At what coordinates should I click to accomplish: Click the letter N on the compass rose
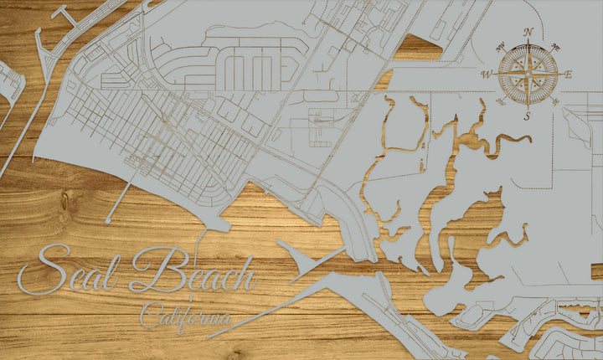(x=528, y=33)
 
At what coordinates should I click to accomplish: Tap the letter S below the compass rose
(x=528, y=116)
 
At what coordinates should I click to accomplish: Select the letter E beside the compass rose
(x=568, y=75)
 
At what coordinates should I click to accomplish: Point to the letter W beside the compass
(x=487, y=75)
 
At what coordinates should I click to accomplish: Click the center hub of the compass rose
(x=528, y=75)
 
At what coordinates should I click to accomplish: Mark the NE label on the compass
(x=555, y=47)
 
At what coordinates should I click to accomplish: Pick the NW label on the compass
(x=501, y=47)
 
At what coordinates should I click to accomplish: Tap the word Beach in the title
(x=192, y=270)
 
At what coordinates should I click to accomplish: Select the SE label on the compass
(x=555, y=102)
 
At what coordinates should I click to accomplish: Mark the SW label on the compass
(x=501, y=102)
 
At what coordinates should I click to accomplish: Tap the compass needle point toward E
(x=559, y=75)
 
